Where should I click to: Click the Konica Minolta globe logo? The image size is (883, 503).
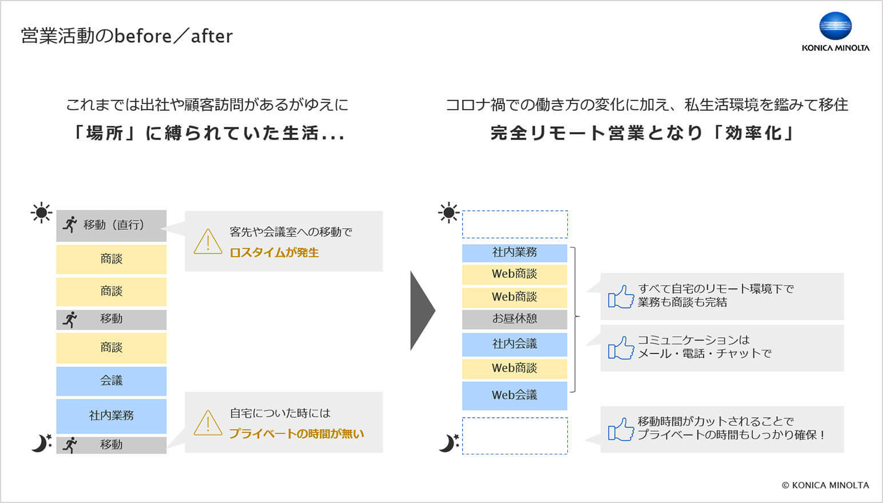coord(835,26)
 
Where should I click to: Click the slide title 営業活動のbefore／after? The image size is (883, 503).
coord(126,36)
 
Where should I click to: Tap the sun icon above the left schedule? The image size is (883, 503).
coord(41,213)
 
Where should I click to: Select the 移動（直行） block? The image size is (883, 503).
coord(112,225)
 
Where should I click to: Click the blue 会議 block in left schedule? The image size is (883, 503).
coord(112,381)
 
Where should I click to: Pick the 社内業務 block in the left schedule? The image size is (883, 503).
coord(112,416)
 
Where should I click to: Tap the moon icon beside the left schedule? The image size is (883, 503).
coord(41,443)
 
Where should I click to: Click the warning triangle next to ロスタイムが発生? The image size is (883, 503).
coord(208,242)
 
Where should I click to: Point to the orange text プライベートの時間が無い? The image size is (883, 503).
coord(296,434)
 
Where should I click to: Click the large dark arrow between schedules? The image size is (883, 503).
coord(422,310)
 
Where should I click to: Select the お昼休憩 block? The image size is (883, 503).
coord(515,319)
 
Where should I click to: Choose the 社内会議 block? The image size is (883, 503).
coord(515,344)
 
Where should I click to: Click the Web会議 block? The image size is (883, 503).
coord(515,395)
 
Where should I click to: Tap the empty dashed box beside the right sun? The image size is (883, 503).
coord(515,224)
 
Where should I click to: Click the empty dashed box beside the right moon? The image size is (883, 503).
coord(515,436)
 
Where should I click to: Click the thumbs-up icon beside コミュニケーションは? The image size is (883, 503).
coord(621,348)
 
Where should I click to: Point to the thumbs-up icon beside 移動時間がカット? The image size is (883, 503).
coord(621,429)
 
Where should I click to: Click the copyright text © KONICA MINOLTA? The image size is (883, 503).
coord(825,485)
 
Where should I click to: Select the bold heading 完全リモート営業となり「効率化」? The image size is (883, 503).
coord(643,133)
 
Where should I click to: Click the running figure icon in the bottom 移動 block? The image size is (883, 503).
coord(70,445)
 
